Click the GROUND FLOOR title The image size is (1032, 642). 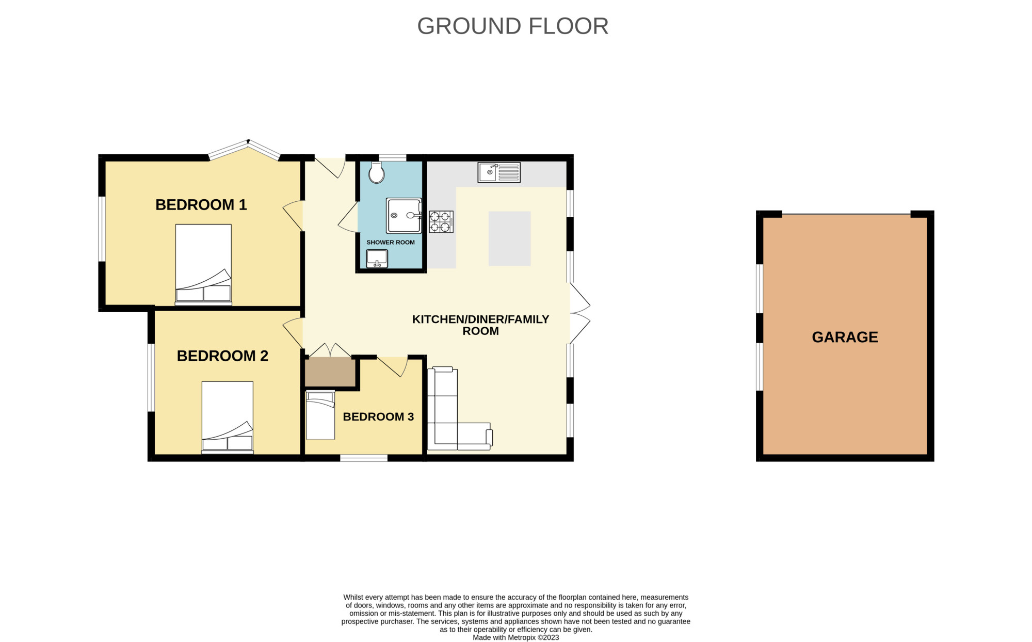(513, 26)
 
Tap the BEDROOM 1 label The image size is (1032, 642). (201, 205)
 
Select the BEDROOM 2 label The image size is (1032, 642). (222, 356)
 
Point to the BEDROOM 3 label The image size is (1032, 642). (378, 417)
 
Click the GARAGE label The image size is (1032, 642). (845, 337)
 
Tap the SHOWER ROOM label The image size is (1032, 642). (391, 243)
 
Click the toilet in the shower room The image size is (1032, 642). (377, 172)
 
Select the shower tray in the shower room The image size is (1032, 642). (404, 216)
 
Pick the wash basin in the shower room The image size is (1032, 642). (377, 259)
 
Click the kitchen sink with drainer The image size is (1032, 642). (499, 172)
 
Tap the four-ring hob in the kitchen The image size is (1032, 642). (441, 222)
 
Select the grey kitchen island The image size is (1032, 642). (510, 238)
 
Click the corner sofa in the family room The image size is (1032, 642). (458, 409)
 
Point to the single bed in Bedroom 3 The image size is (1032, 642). (320, 415)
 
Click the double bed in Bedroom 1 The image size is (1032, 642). (203, 265)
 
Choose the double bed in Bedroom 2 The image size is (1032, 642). (228, 418)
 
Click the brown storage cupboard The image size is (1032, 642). (330, 373)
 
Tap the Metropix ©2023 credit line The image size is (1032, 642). (516, 638)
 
